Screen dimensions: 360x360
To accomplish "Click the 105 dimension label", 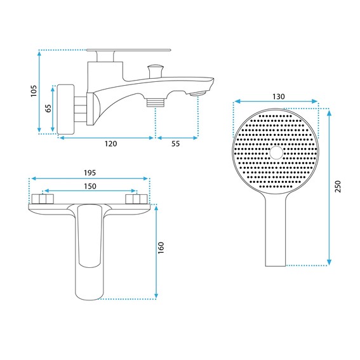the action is coord(34,91).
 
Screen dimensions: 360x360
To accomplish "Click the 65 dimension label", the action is coord(48,108).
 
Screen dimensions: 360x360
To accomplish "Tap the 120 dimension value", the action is coord(111,143).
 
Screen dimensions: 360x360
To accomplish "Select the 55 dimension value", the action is coord(176,143).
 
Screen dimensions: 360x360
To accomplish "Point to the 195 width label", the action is coord(90,173).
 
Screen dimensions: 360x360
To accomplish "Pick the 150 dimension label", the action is coord(90,186).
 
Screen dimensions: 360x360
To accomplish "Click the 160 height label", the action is coord(161,248).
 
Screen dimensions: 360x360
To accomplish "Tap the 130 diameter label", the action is coord(279,97).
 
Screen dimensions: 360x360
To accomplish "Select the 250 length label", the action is coord(338,187).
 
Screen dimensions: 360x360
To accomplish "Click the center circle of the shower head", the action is coord(276,152).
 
